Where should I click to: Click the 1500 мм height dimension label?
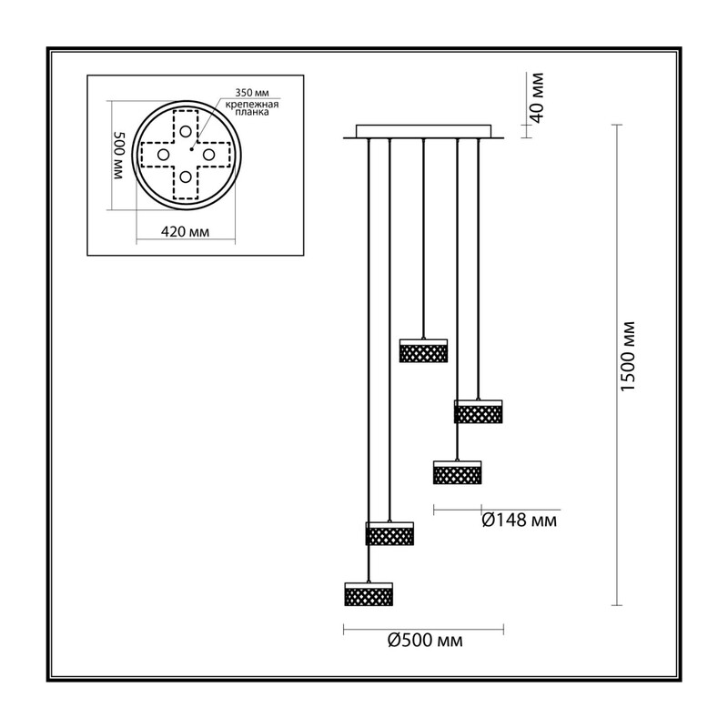point(627,356)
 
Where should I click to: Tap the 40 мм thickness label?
point(536,97)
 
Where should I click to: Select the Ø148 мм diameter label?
point(519,521)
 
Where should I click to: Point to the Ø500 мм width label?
point(425,641)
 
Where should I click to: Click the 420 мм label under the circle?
point(185,231)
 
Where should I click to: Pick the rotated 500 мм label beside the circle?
point(119,156)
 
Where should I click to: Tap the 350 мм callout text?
point(252,93)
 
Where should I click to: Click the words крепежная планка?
point(252,107)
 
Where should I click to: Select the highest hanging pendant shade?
point(423,350)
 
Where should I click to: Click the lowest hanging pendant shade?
point(369,594)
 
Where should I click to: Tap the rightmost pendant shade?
point(479,411)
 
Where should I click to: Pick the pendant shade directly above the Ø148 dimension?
point(458,472)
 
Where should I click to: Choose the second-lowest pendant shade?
point(389,533)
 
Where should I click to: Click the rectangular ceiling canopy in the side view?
point(423,131)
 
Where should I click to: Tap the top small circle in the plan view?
point(186,131)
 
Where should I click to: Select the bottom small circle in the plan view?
point(186,177)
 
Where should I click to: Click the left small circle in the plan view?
point(163,154)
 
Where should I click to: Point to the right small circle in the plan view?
point(208,154)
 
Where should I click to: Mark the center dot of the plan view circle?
point(191,149)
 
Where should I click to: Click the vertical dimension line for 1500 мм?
point(617,365)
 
